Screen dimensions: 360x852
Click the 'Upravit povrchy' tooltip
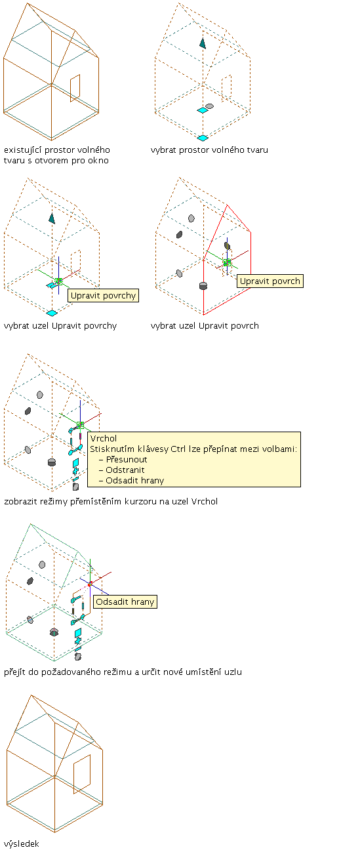[103, 296]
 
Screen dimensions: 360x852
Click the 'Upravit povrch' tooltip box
[270, 281]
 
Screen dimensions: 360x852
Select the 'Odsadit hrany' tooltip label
[125, 601]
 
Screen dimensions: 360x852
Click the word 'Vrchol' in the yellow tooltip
[104, 438]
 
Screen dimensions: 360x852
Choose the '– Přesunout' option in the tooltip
[123, 460]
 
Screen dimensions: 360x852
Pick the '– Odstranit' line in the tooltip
[122, 470]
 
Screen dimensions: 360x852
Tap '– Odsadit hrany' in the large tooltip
[131, 480]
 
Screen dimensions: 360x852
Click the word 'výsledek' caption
[22, 844]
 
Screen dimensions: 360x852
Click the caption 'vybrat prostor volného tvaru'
[209, 150]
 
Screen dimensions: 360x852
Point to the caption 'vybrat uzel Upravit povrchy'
[60, 326]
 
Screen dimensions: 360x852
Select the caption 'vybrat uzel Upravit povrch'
[205, 326]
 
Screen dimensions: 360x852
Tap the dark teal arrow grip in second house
[203, 43]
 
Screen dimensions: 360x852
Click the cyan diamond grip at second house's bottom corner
[203, 138]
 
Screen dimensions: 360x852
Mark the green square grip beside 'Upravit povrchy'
[58, 281]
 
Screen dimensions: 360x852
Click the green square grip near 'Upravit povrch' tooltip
[227, 262]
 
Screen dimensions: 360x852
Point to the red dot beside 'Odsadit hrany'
[90, 584]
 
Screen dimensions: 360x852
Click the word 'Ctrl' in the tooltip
[178, 449]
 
